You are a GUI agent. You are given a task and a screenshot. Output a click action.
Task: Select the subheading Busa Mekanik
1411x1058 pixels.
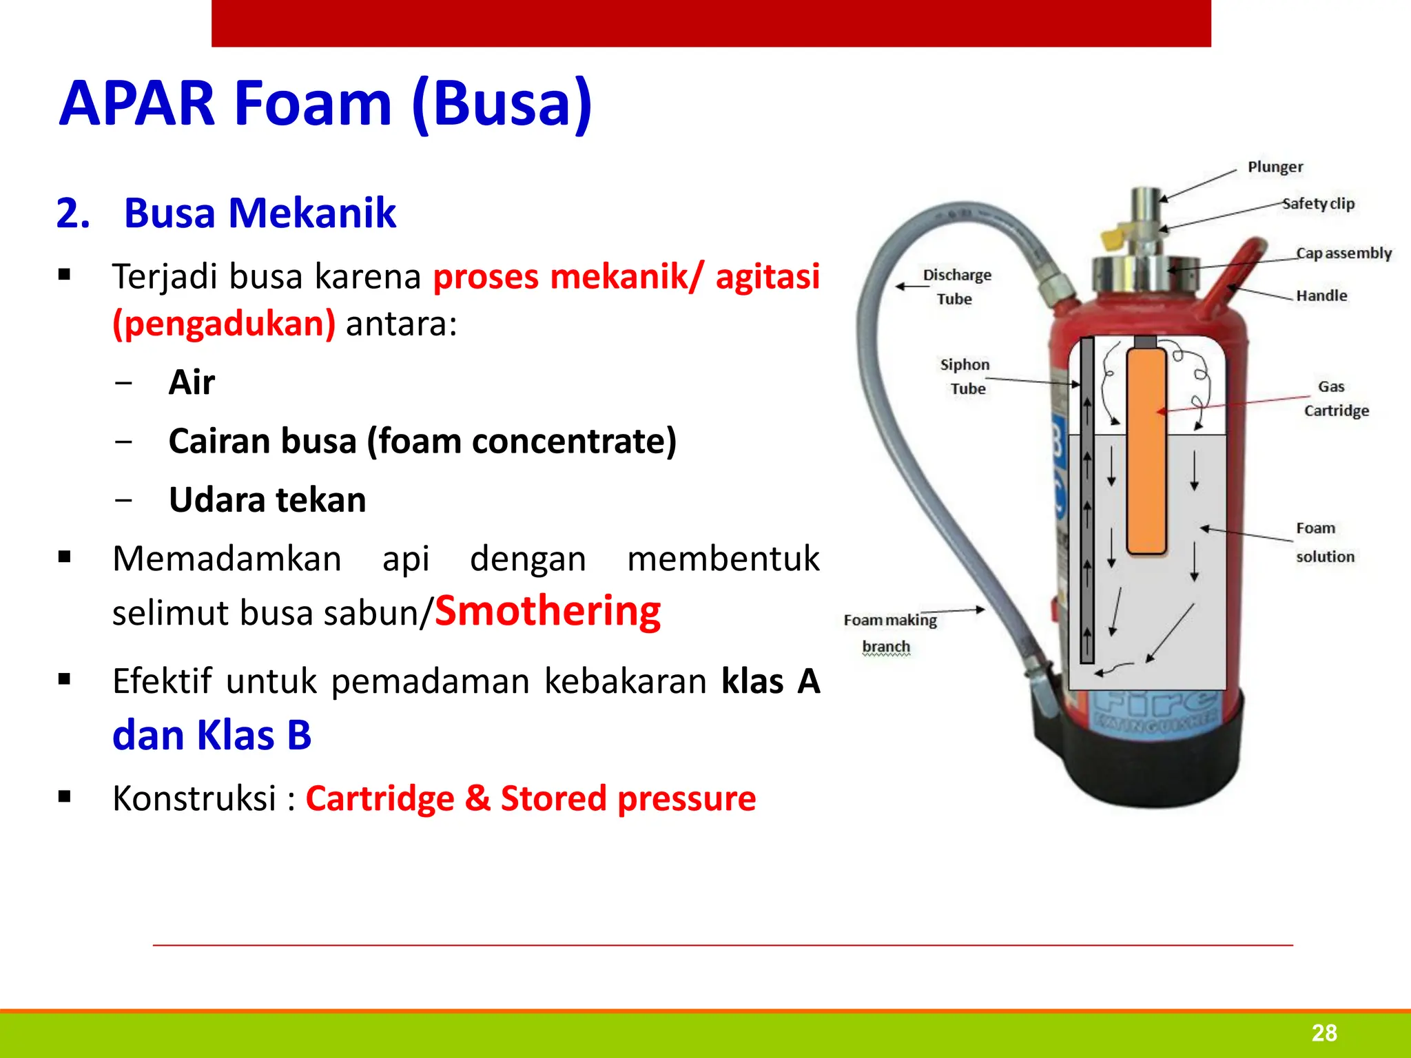pos(260,213)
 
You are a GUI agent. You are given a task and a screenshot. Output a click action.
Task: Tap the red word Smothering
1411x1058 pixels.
pos(548,611)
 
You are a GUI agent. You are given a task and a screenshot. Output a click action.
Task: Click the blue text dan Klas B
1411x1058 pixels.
pos(212,735)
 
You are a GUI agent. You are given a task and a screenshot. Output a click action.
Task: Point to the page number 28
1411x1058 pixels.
pos(1324,1033)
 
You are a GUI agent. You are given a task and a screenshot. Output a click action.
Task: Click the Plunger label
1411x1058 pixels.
pos(1275,167)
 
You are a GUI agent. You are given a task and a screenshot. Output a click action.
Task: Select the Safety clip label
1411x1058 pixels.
pos(1318,204)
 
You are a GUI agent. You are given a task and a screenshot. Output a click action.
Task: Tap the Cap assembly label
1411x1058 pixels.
pos(1343,253)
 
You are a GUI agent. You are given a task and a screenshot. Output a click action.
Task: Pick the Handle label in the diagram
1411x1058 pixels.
pos(1321,295)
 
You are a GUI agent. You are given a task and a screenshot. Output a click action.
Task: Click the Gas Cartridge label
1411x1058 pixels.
pos(1335,399)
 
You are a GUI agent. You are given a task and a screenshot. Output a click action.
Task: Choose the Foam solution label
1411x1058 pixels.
pos(1324,542)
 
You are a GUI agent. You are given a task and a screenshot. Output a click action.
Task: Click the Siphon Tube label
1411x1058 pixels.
pos(965,376)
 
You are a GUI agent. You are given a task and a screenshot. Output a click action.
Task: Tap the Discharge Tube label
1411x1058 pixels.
pos(956,287)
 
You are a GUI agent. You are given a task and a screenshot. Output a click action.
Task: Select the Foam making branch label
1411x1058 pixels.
pos(889,632)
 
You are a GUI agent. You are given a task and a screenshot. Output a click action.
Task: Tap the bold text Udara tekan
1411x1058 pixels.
pos(267,499)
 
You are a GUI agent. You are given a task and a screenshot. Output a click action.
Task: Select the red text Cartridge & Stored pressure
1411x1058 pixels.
pos(531,798)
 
